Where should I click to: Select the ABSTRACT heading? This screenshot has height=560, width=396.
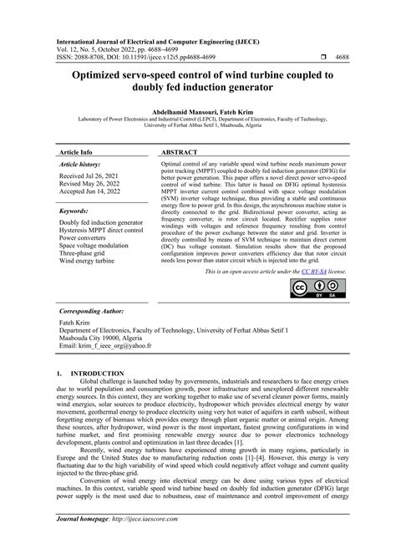[x=178, y=153]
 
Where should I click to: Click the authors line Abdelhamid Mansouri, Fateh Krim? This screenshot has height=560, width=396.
[x=197, y=110]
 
